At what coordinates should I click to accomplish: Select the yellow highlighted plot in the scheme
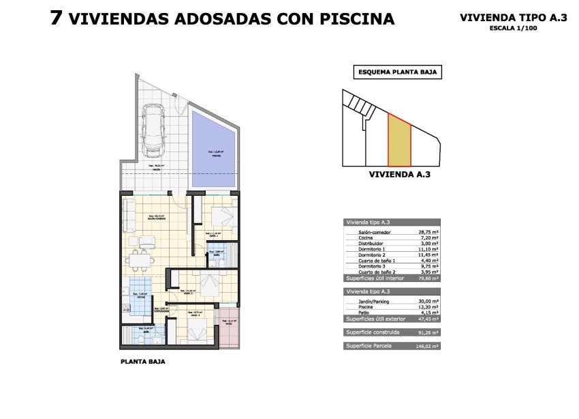point(400,141)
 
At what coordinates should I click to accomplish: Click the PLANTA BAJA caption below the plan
point(142,362)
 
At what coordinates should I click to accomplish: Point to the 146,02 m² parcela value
point(428,347)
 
